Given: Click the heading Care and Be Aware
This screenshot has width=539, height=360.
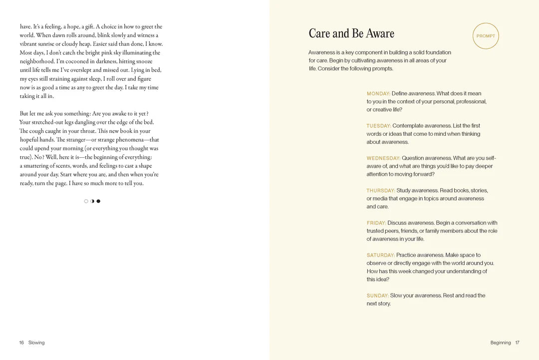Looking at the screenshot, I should coord(351,33).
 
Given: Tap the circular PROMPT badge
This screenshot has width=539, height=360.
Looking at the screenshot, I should coord(486,36).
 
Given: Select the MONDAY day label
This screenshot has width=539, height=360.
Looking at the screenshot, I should coord(378,94).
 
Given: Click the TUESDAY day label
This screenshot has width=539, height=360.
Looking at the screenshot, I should coord(379,126).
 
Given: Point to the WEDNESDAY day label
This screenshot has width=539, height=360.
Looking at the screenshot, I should coord(383,158).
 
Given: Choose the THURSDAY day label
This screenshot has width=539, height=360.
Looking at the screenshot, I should coord(381,191).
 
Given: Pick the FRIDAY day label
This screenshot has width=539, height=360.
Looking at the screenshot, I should coord(376,223).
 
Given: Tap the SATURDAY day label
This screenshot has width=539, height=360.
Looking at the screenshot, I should coord(381,255).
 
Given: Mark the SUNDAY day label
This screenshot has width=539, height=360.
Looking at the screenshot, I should coord(378,296).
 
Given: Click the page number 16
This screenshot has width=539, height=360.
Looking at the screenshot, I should coord(21,343).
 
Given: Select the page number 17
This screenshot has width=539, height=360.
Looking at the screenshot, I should coord(518,343).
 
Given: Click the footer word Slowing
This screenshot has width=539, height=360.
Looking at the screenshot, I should coord(36,343).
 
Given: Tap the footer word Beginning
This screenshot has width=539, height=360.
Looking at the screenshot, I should coord(501,343).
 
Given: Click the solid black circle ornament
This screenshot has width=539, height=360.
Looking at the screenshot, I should coord(98,201).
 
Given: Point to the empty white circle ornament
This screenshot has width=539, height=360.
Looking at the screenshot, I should coord(86,201).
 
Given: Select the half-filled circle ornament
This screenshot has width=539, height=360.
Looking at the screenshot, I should coord(92,201).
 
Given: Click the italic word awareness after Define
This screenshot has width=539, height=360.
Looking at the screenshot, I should coord(422,94).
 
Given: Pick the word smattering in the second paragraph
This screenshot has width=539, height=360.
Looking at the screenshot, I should coord(39,166).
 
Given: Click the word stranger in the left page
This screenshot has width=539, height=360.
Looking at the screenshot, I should coord(71,140).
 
